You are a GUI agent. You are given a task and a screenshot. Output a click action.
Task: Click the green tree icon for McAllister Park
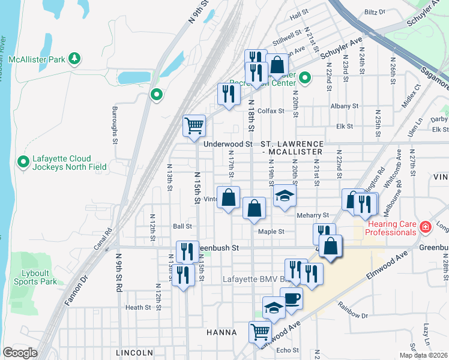[x=74, y=58]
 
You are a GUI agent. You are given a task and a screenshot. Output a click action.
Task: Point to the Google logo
[x=20, y=353]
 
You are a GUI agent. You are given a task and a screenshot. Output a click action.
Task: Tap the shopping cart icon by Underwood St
[x=194, y=126]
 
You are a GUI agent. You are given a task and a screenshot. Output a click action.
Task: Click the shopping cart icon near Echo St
[x=260, y=331]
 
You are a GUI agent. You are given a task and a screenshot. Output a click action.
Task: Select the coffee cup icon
[x=292, y=298]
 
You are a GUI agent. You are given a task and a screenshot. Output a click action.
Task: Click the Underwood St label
[x=228, y=144]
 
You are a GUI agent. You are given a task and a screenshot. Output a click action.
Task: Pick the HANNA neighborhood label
[x=222, y=332]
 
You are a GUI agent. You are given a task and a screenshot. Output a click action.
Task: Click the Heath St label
[x=138, y=307]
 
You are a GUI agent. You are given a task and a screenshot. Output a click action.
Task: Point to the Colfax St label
[x=270, y=111]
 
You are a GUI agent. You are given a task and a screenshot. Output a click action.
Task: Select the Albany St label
[x=344, y=106]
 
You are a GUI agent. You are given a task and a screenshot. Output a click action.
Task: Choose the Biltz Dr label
[x=375, y=12]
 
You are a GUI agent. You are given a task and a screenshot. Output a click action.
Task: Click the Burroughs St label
[x=114, y=125]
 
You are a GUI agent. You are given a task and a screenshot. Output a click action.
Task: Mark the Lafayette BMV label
[x=251, y=279]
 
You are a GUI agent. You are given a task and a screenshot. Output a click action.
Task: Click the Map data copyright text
[x=423, y=355]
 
